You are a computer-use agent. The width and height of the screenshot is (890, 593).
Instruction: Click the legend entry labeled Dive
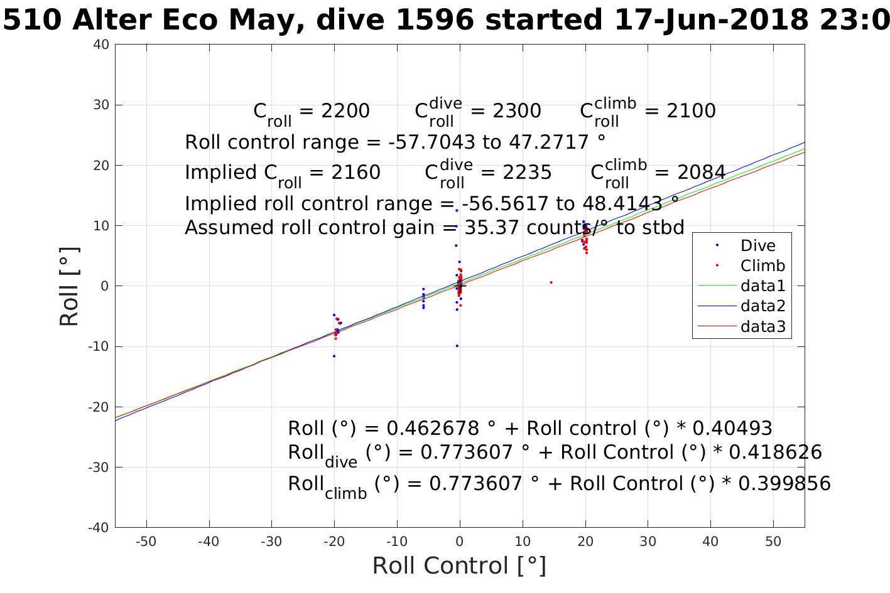click(757, 246)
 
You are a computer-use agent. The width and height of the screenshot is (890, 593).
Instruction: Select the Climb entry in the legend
click(762, 265)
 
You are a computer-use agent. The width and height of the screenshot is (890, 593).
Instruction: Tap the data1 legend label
click(763, 286)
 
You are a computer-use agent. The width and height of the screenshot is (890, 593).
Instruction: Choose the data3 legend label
click(763, 326)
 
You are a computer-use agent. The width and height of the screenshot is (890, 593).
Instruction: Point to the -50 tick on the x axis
click(146, 542)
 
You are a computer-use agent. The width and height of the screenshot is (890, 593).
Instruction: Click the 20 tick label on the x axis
click(585, 542)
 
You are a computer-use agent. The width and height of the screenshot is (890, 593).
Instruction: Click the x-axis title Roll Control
click(459, 566)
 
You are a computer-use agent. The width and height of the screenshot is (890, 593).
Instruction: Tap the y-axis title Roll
click(69, 286)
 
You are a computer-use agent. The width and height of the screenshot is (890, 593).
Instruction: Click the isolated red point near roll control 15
click(551, 282)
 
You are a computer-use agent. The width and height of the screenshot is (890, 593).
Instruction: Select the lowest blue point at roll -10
click(457, 346)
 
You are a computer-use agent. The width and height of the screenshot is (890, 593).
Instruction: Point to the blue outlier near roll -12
click(334, 356)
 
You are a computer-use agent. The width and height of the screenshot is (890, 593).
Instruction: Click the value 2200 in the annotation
click(345, 111)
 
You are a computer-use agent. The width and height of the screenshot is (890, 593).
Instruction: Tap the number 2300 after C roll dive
click(516, 111)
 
